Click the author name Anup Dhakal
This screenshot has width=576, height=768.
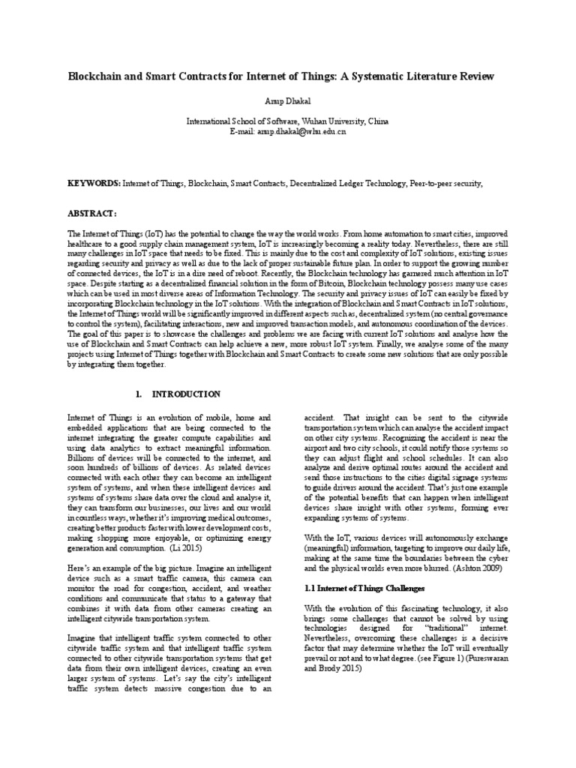(288, 99)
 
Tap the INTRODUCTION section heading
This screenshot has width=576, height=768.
(186, 394)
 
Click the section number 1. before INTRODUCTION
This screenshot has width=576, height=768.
(138, 394)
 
